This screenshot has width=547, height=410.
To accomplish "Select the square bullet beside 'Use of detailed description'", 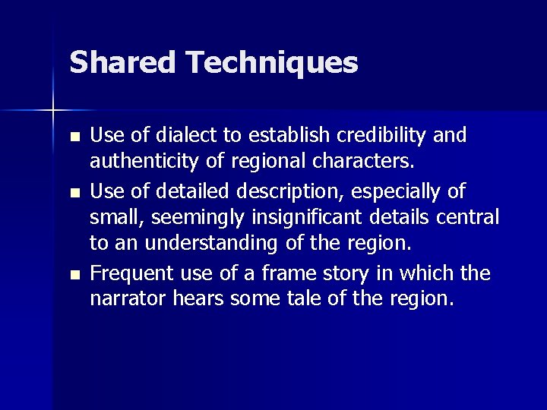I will pyautogui.click(x=74, y=193).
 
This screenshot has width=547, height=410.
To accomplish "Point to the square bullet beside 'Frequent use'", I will pyautogui.click(x=74, y=274).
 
